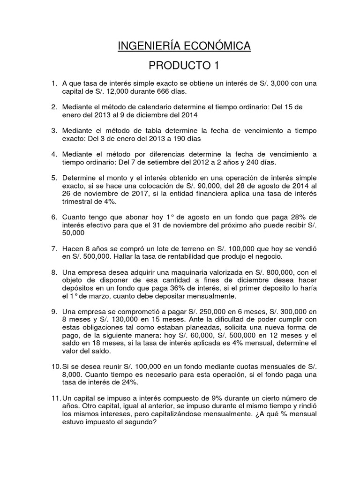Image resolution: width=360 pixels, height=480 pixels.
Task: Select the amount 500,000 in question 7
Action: click(x=94, y=257)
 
